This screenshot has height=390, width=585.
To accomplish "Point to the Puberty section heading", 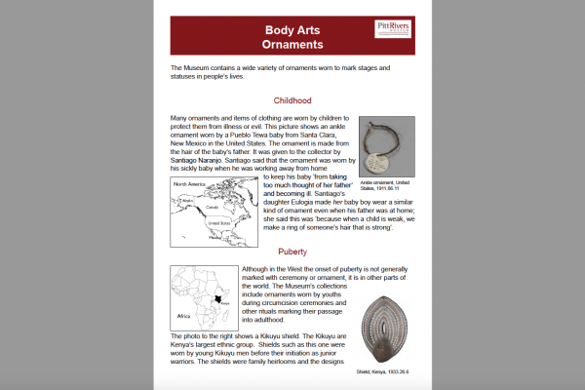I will click(x=292, y=251).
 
